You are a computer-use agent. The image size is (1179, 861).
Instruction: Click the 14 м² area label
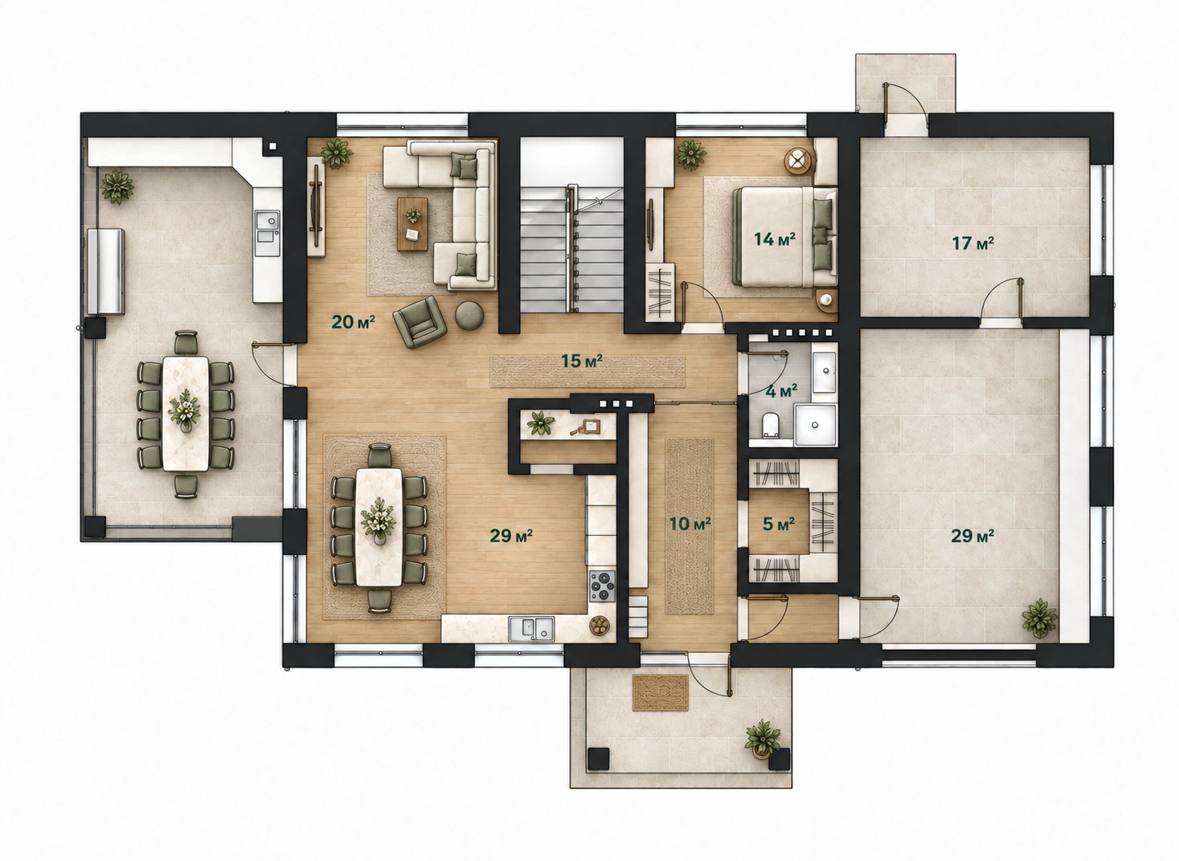pos(774,239)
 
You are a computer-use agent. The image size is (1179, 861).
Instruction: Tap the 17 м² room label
pos(972,243)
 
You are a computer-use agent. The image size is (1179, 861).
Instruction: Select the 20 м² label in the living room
pos(353,321)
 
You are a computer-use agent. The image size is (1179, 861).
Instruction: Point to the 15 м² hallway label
pos(582,361)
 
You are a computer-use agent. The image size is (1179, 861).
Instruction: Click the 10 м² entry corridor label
pos(690,524)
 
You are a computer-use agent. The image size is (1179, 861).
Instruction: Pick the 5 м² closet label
pos(779,524)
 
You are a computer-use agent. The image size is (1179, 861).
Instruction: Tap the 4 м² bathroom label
pos(781,391)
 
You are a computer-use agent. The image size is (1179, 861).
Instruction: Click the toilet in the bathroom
pos(771,425)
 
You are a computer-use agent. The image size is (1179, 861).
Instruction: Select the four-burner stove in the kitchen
pos(602,586)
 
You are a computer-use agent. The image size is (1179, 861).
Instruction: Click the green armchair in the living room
pos(420,322)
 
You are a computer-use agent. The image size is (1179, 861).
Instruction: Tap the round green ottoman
pos(469,316)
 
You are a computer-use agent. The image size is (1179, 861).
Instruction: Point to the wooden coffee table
pos(412,225)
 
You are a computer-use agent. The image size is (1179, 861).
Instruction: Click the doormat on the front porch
pos(661,693)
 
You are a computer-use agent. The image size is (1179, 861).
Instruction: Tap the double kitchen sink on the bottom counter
pos(531,629)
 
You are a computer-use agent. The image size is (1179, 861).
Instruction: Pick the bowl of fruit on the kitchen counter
pos(599,626)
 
